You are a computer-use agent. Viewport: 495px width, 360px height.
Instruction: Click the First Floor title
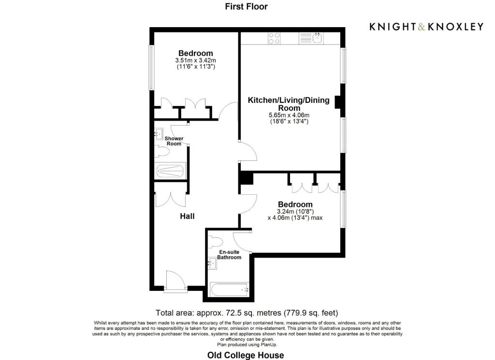246,6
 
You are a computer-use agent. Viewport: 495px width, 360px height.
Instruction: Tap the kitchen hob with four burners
274,38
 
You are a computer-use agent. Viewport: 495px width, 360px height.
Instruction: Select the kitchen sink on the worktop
318,38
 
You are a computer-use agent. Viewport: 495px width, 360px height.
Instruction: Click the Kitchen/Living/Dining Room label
289,104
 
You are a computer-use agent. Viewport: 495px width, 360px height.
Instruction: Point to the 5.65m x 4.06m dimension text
289,115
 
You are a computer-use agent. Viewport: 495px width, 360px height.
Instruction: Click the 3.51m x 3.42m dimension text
195,60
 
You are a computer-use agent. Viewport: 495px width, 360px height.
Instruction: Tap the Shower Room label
174,141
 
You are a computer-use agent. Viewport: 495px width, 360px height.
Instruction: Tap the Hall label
187,216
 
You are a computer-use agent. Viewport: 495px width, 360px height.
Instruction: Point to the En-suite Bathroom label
229,255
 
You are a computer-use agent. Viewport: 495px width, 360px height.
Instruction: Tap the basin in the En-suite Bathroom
212,263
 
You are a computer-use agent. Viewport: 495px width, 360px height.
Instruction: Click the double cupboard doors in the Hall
170,198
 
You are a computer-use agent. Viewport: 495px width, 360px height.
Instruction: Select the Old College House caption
246,355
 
